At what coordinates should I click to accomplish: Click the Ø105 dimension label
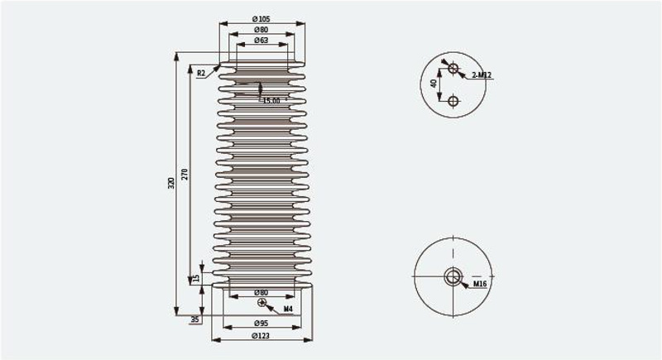point(261,19)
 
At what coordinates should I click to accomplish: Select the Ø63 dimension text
point(261,41)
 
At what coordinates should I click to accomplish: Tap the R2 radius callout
point(201,73)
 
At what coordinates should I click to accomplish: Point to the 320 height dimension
point(171,183)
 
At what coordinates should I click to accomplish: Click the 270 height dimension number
point(185,175)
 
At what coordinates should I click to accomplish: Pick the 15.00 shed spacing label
point(271,101)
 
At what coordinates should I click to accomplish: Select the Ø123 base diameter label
point(261,336)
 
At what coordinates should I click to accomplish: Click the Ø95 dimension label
point(261,324)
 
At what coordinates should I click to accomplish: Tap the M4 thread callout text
point(288,309)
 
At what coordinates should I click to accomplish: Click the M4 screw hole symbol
point(261,302)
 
